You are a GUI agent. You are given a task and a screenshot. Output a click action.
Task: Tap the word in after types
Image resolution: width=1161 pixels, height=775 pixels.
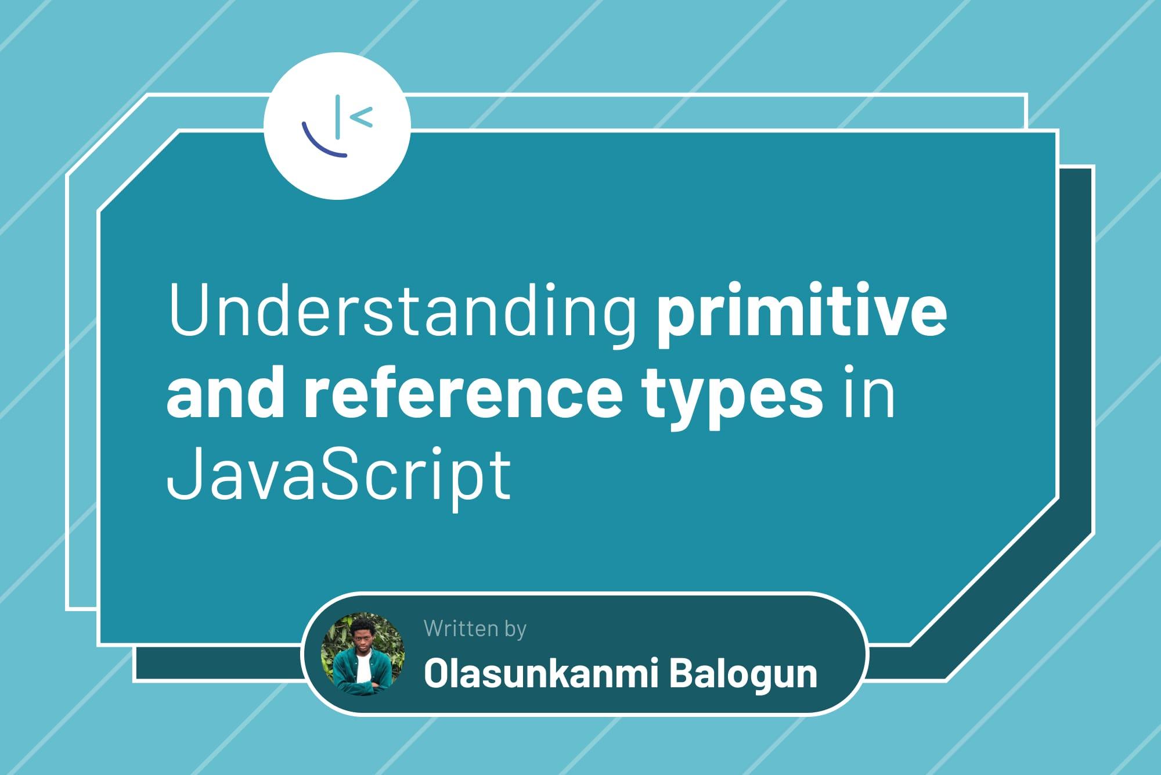(x=868, y=390)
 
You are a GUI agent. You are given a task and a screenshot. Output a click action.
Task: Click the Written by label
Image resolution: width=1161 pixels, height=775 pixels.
(x=475, y=629)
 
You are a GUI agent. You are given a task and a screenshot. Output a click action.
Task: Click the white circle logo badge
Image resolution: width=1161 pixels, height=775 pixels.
(x=337, y=126)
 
